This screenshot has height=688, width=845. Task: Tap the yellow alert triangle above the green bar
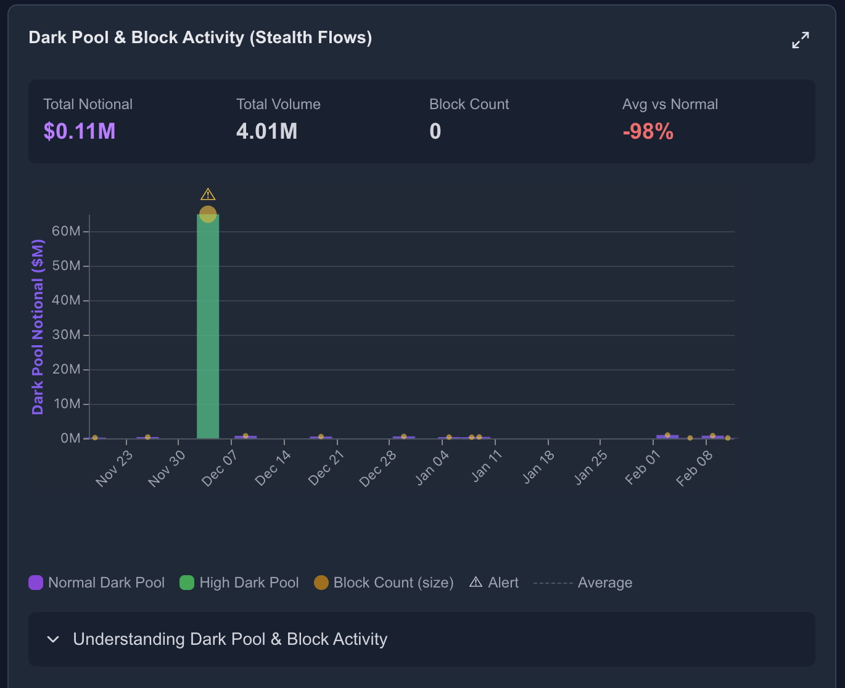tap(208, 195)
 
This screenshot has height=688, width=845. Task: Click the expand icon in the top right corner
tap(800, 40)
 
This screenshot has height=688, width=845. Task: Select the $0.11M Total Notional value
tap(80, 131)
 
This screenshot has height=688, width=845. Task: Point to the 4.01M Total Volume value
tap(266, 131)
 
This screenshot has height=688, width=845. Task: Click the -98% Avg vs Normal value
tap(648, 131)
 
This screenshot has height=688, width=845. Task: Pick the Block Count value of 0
tap(435, 131)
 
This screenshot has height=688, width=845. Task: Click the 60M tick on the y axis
tap(67, 231)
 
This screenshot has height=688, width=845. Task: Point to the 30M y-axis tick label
tap(67, 335)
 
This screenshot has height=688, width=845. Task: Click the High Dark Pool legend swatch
tap(187, 583)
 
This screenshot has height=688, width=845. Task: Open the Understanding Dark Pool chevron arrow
tap(54, 639)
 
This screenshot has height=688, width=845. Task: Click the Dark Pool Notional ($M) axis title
tap(38, 327)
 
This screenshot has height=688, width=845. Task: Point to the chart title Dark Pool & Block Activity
tap(200, 38)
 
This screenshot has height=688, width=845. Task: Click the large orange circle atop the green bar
tap(208, 215)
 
